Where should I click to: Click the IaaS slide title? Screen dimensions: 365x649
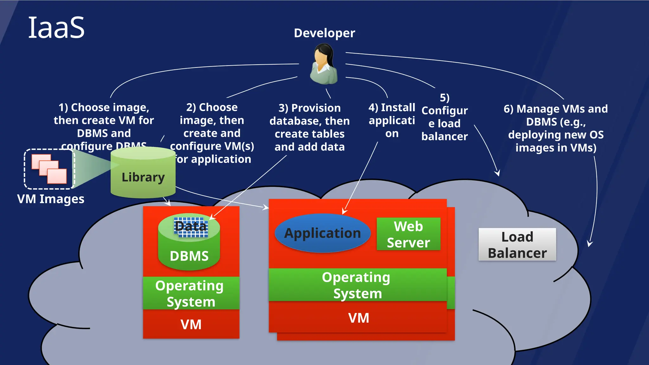point(56,28)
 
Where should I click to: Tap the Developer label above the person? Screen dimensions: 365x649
point(324,33)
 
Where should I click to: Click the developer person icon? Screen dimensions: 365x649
point(324,64)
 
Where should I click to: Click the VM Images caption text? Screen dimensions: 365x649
point(51,199)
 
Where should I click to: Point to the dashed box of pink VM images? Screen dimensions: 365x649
point(49,169)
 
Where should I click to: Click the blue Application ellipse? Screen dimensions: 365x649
point(322,233)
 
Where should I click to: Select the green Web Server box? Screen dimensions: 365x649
point(408,234)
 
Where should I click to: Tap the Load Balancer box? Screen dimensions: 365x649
point(517,245)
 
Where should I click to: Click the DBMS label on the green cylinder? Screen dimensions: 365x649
point(189,256)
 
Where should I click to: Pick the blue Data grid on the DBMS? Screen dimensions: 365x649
point(191,227)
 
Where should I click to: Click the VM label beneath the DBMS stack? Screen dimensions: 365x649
point(191,324)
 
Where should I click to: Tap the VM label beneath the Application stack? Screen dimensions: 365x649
point(358,318)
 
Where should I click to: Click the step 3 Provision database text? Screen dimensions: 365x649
point(309,127)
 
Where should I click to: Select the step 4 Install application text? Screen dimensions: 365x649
point(392,120)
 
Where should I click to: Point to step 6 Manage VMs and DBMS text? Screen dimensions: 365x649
point(556,128)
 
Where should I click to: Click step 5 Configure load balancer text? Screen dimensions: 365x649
point(444,117)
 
